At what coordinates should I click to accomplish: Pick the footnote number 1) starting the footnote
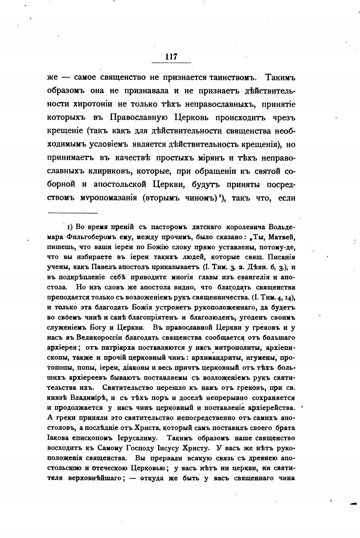(x=69, y=227)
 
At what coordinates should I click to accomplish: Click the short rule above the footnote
(x=72, y=213)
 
